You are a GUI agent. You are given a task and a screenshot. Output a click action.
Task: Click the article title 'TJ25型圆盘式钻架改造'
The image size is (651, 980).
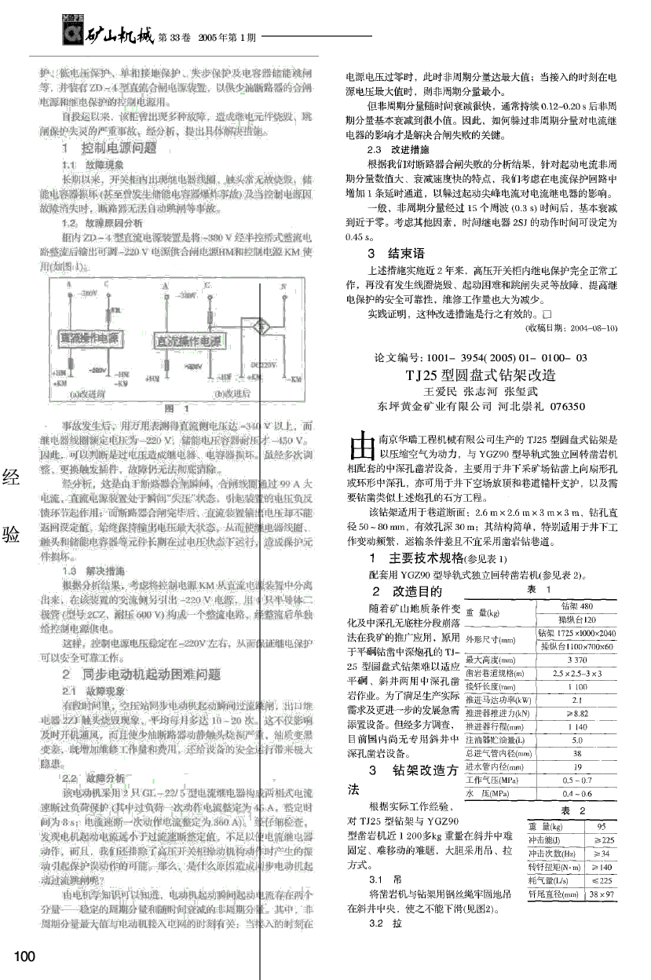coord(480,375)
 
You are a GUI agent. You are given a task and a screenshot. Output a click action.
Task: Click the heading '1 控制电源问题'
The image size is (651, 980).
coord(119,147)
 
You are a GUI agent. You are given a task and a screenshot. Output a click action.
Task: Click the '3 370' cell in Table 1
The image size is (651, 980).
coord(576,660)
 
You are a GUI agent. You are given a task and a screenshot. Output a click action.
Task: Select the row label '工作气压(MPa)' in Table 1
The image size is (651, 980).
coord(492,781)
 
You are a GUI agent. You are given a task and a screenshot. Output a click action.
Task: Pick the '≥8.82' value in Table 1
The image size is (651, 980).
coord(576,714)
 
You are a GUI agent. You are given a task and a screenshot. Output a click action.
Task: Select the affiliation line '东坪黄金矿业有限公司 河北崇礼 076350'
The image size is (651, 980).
coord(481,407)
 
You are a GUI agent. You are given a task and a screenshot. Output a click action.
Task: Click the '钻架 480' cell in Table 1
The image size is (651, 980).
coord(576,605)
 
